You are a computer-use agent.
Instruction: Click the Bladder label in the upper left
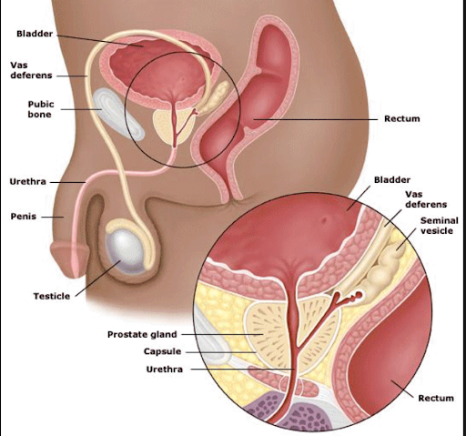[x=35, y=34]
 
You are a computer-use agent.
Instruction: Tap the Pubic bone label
[x=41, y=109]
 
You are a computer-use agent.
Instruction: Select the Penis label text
[x=24, y=217]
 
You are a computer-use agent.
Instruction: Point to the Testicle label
[x=52, y=296]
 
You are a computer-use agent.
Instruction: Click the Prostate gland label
[x=142, y=334]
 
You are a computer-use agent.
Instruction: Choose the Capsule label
[x=162, y=351]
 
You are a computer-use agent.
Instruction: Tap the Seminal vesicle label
[x=440, y=226]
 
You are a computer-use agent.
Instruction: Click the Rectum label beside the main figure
[x=402, y=118]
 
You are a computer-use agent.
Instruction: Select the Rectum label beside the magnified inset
[x=436, y=398]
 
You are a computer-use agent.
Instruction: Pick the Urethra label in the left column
[x=28, y=182]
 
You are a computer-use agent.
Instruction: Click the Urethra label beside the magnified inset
[x=165, y=370]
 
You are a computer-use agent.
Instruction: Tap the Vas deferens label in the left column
[x=31, y=70]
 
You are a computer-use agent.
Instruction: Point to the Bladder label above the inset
[x=392, y=180]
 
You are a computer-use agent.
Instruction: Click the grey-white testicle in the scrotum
[x=125, y=249]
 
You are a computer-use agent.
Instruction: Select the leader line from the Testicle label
[x=97, y=278]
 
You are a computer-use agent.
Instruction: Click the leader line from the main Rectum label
[x=316, y=119]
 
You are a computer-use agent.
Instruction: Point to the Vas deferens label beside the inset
[x=426, y=199]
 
